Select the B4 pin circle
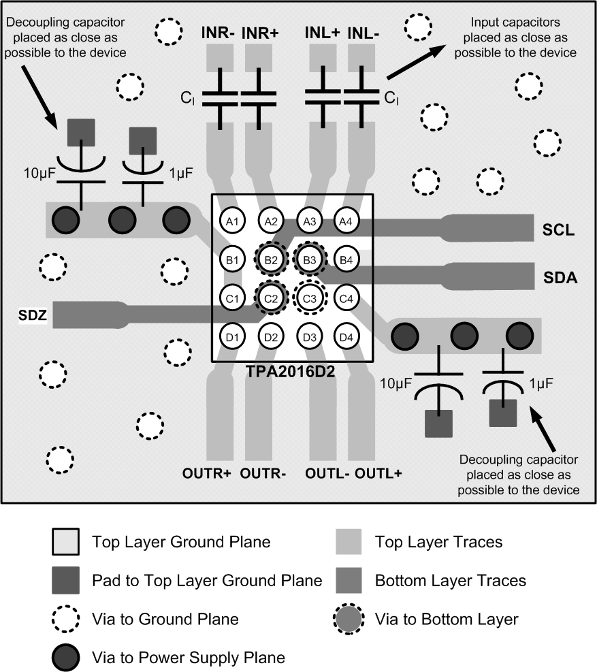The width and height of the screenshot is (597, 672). [346, 259]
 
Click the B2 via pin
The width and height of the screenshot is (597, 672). [271, 259]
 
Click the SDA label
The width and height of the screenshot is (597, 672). [560, 277]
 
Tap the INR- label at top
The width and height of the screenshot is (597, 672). [218, 32]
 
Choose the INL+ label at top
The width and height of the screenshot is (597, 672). [321, 32]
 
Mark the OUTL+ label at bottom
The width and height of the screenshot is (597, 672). [380, 473]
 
